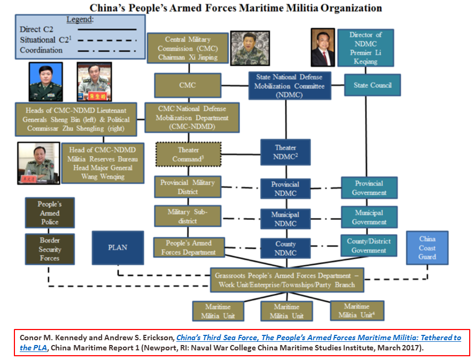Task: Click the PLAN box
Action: click(x=118, y=248)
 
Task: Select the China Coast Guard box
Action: click(x=427, y=248)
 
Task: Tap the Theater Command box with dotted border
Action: click(x=188, y=154)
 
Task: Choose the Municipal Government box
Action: click(x=369, y=217)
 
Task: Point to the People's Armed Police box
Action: click(x=50, y=213)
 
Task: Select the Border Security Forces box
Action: click(x=50, y=249)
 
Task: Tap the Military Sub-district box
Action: click(x=188, y=217)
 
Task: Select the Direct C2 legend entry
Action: click(x=80, y=29)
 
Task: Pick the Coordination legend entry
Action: click(x=80, y=50)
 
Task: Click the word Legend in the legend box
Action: click(x=80, y=19)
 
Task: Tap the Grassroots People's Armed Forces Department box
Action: click(x=286, y=280)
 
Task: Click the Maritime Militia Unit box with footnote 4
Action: click(x=356, y=311)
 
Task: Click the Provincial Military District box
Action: click(x=188, y=187)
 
